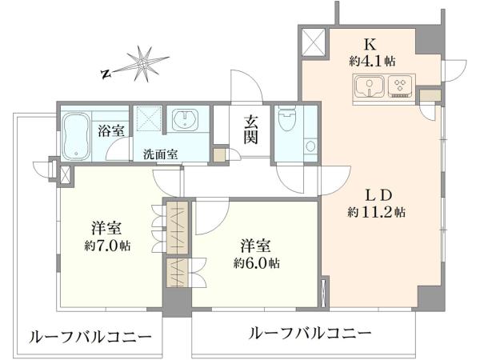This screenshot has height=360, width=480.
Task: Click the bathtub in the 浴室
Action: [x=76, y=136]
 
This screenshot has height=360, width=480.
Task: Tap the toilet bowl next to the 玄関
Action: [x=287, y=118]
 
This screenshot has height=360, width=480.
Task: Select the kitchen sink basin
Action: [x=370, y=86]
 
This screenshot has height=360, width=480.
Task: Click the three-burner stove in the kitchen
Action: [x=400, y=86]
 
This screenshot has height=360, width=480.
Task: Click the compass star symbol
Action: [x=142, y=64]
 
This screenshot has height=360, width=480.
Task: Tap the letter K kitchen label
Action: [x=370, y=46]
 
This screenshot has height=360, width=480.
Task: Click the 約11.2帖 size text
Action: [x=377, y=212]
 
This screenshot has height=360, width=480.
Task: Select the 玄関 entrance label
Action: [x=251, y=130]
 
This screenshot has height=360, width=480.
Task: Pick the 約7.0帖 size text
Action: [x=107, y=246]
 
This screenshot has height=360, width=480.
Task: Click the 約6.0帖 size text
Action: [x=257, y=263]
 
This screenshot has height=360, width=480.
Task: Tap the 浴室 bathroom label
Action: [x=111, y=130]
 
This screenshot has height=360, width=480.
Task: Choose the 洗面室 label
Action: [x=161, y=154]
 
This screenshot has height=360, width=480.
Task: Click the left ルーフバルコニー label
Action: [x=90, y=338]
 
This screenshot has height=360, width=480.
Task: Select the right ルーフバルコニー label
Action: [x=310, y=333]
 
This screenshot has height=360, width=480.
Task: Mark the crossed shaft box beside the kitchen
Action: [x=313, y=42]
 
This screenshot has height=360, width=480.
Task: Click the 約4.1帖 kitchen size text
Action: [x=372, y=62]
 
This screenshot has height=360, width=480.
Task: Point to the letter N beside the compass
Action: [x=106, y=74]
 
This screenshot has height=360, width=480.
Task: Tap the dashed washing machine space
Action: [x=149, y=118]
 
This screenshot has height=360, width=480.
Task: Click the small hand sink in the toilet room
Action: [x=310, y=146]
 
